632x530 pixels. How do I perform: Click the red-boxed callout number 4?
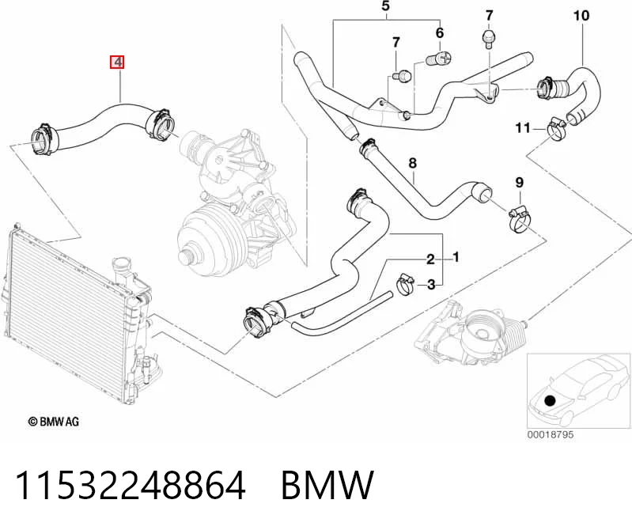pyautogui.click(x=117, y=62)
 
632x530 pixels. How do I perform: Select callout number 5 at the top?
pyautogui.click(x=386, y=6)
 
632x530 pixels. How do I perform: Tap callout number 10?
pyautogui.click(x=581, y=16)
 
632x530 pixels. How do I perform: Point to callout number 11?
pyautogui.click(x=523, y=128)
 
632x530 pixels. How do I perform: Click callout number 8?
pyautogui.click(x=412, y=163)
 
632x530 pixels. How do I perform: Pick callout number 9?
pyautogui.click(x=520, y=183)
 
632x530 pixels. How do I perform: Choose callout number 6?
pyautogui.click(x=440, y=32)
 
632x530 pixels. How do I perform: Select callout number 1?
pyautogui.click(x=456, y=257)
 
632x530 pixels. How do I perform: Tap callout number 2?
pyautogui.click(x=430, y=259)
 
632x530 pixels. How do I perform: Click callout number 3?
pyautogui.click(x=431, y=285)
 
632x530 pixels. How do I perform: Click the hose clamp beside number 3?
pyautogui.click(x=406, y=284)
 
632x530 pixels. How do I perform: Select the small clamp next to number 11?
pyautogui.click(x=556, y=129)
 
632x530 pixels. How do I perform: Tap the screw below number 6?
pyautogui.click(x=438, y=59)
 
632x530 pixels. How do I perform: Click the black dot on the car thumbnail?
pyautogui.click(x=550, y=401)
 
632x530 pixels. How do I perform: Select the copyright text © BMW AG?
pyautogui.click(x=54, y=422)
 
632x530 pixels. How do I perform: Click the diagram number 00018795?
pyautogui.click(x=551, y=434)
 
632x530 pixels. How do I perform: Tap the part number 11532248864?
pyautogui.click(x=131, y=485)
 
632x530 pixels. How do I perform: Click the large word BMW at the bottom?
pyautogui.click(x=327, y=485)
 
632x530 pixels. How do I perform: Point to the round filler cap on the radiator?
pyautogui.click(x=122, y=265)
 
